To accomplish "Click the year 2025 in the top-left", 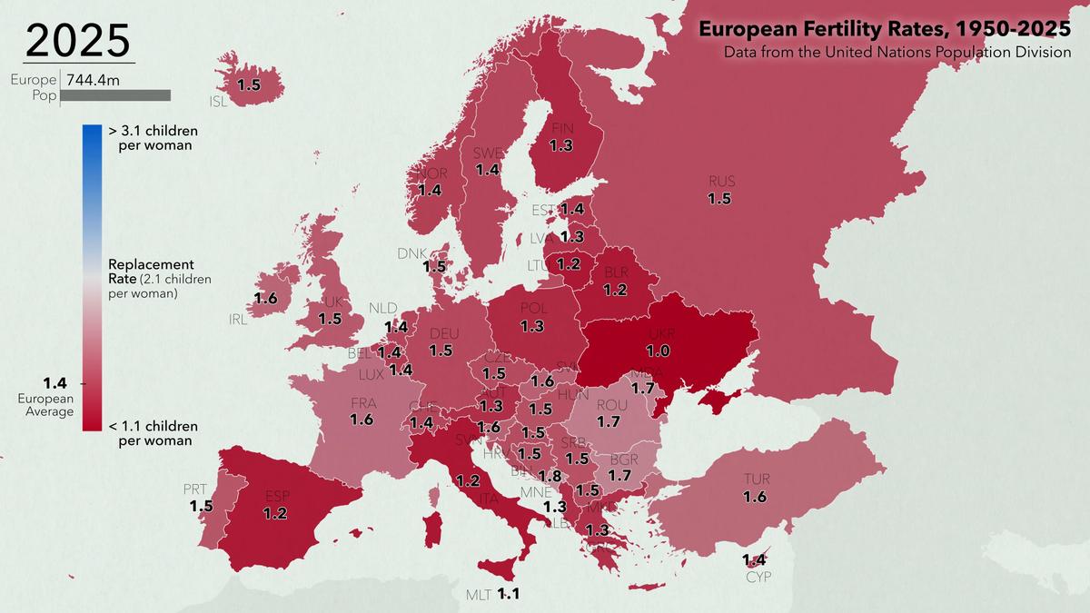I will point(78,41).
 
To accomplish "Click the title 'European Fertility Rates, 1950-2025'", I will point(884,29).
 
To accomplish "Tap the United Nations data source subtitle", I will point(897,53).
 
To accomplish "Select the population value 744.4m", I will point(94,80).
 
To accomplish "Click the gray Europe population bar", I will point(115,95).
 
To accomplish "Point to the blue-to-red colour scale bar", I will point(92,277).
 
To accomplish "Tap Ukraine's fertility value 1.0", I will point(659,351).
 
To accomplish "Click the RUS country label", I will point(722,182).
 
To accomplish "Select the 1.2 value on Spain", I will point(275,513).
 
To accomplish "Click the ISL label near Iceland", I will point(218,102).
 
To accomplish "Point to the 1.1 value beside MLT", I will point(509,596).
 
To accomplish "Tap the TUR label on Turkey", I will point(756,479).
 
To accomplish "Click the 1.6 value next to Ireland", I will point(265,298).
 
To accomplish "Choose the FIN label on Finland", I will point(562,129).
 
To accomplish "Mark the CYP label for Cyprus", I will point(758,577).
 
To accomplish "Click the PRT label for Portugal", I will point(195,489).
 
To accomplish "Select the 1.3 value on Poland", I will point(532,325).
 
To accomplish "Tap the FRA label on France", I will point(363,403).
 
